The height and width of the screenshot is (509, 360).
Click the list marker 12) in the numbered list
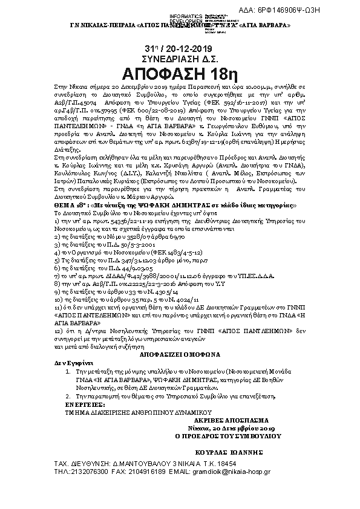click(x=58, y=332)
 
